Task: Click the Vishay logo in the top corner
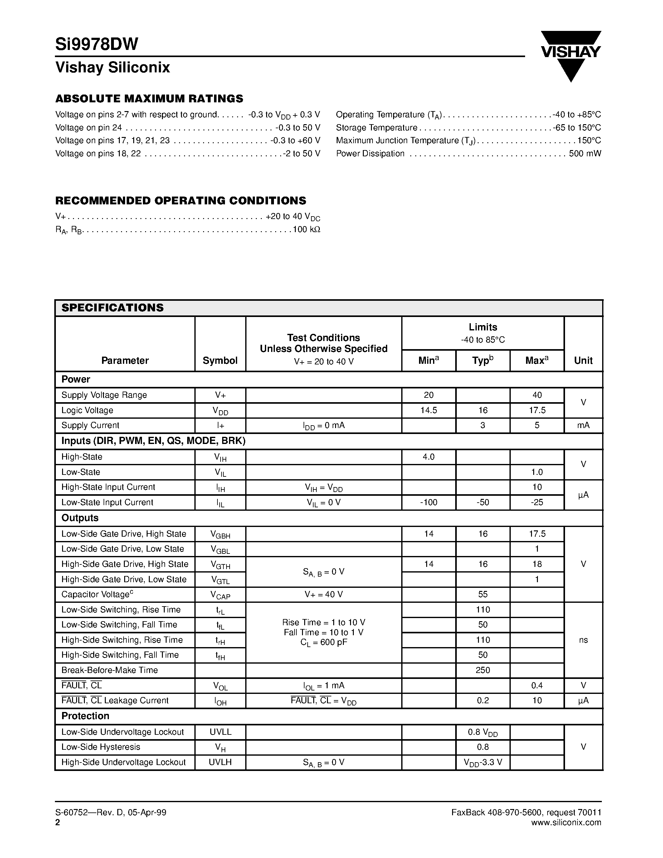point(571,55)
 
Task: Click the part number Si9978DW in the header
point(97,44)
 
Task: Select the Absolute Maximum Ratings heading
point(149,98)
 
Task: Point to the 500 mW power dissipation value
point(584,154)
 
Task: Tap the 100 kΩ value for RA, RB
point(306,229)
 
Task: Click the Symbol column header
point(220,361)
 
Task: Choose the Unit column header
point(583,361)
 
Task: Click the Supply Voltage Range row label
point(104,395)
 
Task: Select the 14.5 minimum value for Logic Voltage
point(428,411)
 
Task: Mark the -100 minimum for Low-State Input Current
point(428,502)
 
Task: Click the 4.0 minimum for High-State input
point(428,457)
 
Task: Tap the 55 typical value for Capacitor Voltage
point(483,594)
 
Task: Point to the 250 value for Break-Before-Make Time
point(483,670)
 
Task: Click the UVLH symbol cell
point(220,762)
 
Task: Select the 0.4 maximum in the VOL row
point(537,685)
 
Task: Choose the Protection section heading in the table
point(85,716)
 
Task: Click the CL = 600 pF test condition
point(324,643)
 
